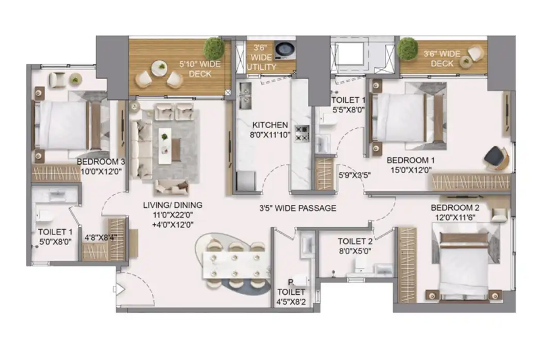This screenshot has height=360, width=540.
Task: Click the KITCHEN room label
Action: pos(270,125)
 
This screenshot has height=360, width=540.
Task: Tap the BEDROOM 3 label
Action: pos(101,162)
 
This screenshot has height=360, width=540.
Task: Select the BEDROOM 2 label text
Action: pos(455,207)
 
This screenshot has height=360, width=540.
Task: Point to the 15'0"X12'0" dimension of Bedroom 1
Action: pos(411,170)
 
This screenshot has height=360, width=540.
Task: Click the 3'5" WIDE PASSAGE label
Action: pos(298,208)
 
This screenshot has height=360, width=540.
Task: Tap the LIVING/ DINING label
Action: pos(173,205)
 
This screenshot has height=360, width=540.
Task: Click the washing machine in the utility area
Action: pos(285,50)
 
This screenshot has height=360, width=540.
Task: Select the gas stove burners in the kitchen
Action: pos(302,133)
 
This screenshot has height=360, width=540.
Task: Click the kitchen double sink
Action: pos(245,96)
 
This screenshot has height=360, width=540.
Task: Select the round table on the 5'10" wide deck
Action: pos(159,68)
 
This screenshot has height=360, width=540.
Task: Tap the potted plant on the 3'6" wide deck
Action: pos(408,49)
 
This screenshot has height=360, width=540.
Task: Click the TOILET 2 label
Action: pos(355,241)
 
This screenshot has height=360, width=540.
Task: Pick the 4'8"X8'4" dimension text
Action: pos(101,238)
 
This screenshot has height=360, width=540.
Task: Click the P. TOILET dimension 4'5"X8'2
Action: pos(291,302)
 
